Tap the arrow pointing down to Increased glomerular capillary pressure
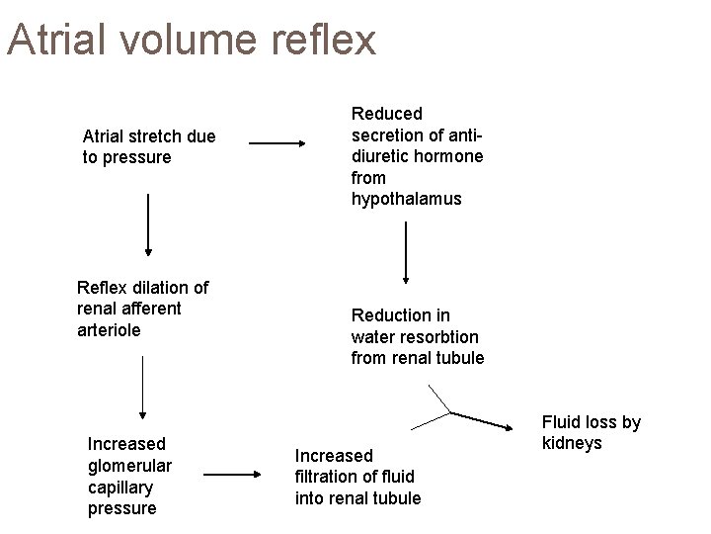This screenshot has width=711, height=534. pos(143,387)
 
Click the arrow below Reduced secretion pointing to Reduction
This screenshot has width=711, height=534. pos(406,252)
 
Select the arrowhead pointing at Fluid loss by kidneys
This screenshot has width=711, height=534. pos(519,428)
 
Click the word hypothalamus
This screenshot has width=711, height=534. pos(406,199)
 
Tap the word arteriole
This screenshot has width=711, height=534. pos(109,330)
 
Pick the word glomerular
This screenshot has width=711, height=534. pos(129,465)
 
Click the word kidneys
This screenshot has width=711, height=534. pos(572,443)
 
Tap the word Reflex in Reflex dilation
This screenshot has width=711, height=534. pos(101,288)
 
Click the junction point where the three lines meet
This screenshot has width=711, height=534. pos(451,410)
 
